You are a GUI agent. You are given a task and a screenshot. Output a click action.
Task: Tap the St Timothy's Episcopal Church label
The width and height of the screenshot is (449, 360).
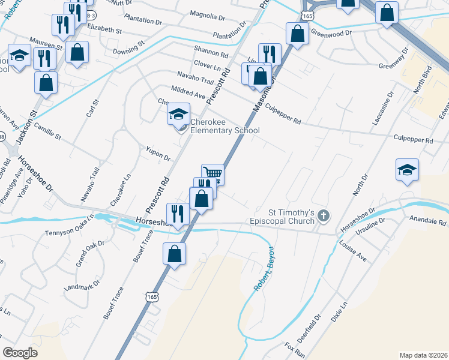coord(291,216)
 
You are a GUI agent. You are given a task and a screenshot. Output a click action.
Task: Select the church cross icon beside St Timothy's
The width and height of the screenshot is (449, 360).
coord(324,215)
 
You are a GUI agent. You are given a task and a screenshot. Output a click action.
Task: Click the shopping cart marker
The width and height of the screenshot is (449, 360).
coord(212,173)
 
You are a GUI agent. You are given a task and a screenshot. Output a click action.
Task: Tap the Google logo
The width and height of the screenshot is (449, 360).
coord(20,353)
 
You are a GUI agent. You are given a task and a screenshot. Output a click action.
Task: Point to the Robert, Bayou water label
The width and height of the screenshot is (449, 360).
coord(264,269)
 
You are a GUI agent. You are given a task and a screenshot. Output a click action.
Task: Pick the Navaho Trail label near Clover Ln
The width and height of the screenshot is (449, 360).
coord(196,77)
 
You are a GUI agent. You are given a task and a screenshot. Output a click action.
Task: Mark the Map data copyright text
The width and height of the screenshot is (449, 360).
coord(424,355)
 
